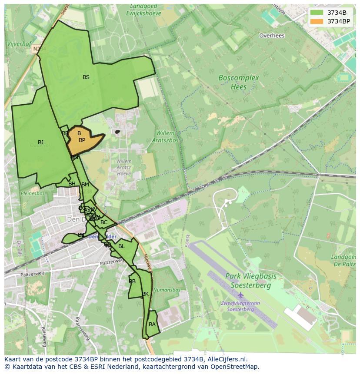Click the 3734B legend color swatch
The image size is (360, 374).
click(317, 13)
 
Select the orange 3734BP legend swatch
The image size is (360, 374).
click(317, 21)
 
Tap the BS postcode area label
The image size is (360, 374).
click(86, 77)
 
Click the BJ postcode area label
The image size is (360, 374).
click(41, 142)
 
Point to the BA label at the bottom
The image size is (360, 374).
click(152, 324)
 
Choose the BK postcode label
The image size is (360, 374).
click(145, 294)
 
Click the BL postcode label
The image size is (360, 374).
click(121, 246)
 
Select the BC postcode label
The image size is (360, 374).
click(104, 222)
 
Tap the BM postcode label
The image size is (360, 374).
click(85, 185)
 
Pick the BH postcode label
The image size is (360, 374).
click(72, 184)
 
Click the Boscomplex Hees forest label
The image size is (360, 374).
click(238, 83)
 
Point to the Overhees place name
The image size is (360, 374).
click(272, 36)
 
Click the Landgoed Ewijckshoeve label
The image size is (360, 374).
click(143, 10)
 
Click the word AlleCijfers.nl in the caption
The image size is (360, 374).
click(226, 360)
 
